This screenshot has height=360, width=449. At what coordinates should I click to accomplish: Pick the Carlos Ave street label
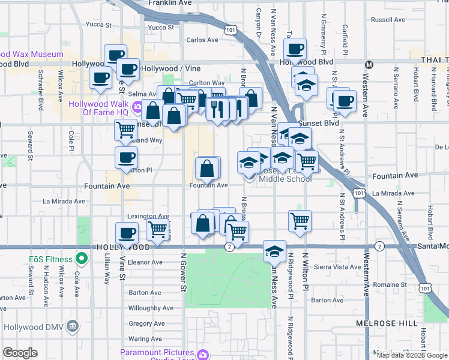(202, 40)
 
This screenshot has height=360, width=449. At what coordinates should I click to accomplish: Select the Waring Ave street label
(145, 339)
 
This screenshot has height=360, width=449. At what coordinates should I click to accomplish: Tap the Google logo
(20, 353)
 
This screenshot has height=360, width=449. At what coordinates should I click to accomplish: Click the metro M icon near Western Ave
(370, 64)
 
